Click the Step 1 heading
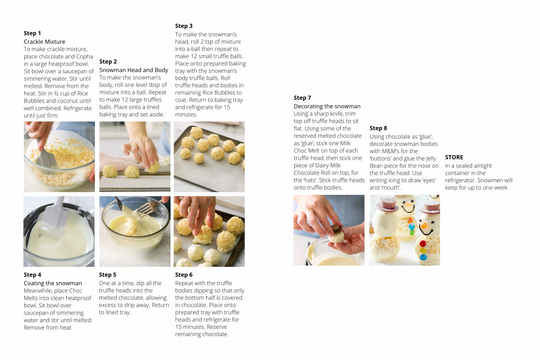coord(32,33)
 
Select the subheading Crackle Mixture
coord(45,42)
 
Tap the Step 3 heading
coord(184,26)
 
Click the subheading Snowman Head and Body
coord(134,70)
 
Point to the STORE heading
coord(454,157)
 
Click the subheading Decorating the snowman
coord(327,106)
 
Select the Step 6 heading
coord(184,274)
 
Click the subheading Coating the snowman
coord(53,283)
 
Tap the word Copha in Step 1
coord(85,57)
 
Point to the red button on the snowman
coord(423,243)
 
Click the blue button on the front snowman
coord(423,257)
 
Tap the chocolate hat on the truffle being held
coord(337,229)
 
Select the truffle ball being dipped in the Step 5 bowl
coord(131,231)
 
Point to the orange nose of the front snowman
coord(424,225)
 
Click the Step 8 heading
coord(378,128)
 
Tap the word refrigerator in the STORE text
coord(460,180)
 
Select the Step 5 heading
coord(108,274)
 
